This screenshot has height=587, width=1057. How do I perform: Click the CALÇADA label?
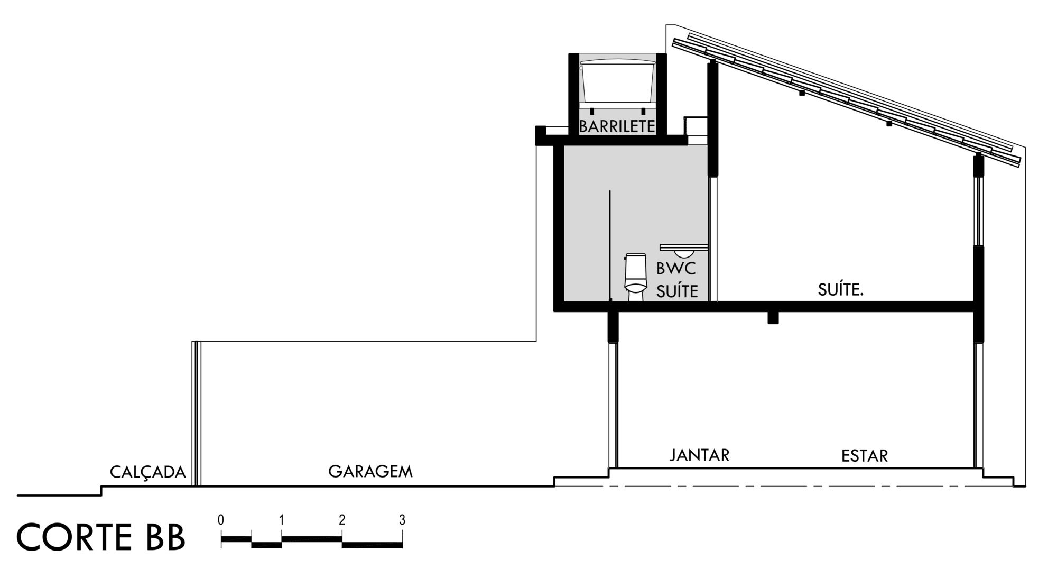tap(148, 472)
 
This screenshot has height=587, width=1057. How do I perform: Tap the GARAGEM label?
tap(370, 471)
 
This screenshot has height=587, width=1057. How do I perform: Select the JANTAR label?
tap(700, 455)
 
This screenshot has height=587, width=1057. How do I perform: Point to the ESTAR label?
tap(865, 455)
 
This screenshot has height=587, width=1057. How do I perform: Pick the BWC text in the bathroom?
tap(676, 268)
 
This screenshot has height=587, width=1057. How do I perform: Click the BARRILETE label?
tap(617, 126)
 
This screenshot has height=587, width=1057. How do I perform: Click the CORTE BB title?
tap(101, 537)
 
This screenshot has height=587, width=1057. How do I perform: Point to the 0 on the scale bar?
tap(221, 520)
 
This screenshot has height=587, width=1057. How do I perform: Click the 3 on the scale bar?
tap(402, 520)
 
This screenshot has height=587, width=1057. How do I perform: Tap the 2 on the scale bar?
tap(342, 520)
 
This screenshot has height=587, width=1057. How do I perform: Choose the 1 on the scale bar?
tap(282, 520)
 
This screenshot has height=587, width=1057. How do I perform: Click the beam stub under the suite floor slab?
tap(773, 318)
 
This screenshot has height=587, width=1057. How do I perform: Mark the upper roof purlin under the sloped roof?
tap(802, 93)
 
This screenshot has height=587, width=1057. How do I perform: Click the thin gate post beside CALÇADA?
tap(196, 414)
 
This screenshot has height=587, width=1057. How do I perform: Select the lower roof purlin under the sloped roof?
tap(889, 124)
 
